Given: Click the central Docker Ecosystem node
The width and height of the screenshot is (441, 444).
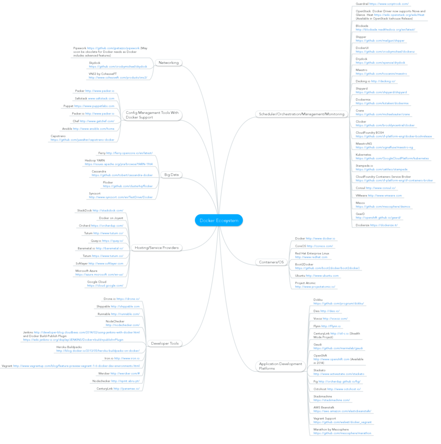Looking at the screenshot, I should [x=219, y=221].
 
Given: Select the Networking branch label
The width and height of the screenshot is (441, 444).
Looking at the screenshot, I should [x=169, y=63].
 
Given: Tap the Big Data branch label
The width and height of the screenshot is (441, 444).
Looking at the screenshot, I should [x=171, y=175].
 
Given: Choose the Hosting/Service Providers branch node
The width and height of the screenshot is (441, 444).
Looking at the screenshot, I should [x=156, y=248].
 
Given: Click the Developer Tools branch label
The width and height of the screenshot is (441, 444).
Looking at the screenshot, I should [x=165, y=343].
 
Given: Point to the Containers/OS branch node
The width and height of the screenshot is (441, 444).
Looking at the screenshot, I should [x=271, y=262].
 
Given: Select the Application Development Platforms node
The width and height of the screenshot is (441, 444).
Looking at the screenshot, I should [x=280, y=366].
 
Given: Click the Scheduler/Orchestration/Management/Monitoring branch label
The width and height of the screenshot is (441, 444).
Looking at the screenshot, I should [x=301, y=114].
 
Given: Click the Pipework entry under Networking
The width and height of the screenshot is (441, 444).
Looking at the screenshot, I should [x=106, y=52].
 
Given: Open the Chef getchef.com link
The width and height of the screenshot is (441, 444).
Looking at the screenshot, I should [x=97, y=121].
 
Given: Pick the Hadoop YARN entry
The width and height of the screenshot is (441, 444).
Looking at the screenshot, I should [x=118, y=162].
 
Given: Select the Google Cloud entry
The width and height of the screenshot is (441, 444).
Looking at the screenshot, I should [x=105, y=284].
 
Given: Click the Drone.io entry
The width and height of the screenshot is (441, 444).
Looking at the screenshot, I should [x=121, y=299].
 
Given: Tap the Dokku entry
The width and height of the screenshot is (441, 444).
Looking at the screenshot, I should [x=338, y=301].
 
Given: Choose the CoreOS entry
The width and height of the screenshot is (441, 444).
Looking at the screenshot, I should [x=314, y=246].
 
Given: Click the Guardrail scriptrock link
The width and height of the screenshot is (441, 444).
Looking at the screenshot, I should [x=389, y=3].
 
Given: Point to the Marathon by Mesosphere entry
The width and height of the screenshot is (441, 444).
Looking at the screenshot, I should [x=342, y=431].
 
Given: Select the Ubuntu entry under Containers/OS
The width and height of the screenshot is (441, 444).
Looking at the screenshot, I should [x=317, y=275].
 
